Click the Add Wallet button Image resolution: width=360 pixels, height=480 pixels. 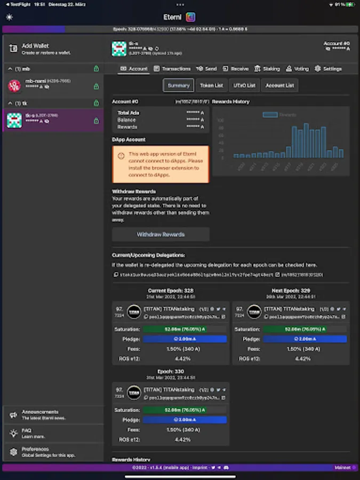45,49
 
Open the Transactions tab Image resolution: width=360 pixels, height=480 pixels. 172,69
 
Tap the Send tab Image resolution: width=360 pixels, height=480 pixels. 206,69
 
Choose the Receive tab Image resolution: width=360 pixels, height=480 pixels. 236,69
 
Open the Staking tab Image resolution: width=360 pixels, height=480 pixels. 267,69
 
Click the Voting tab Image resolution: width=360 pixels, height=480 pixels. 298,69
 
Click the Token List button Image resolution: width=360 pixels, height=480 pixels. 211,85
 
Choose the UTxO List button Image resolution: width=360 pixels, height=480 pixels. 244,85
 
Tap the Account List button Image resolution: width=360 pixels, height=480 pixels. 279,85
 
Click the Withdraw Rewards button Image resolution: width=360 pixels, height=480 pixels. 161,234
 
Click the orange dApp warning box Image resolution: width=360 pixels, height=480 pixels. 161,164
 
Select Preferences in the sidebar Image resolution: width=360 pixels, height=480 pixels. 43,451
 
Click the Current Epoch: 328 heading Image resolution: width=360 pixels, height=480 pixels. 171,291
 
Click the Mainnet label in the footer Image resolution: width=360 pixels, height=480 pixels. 342,468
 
